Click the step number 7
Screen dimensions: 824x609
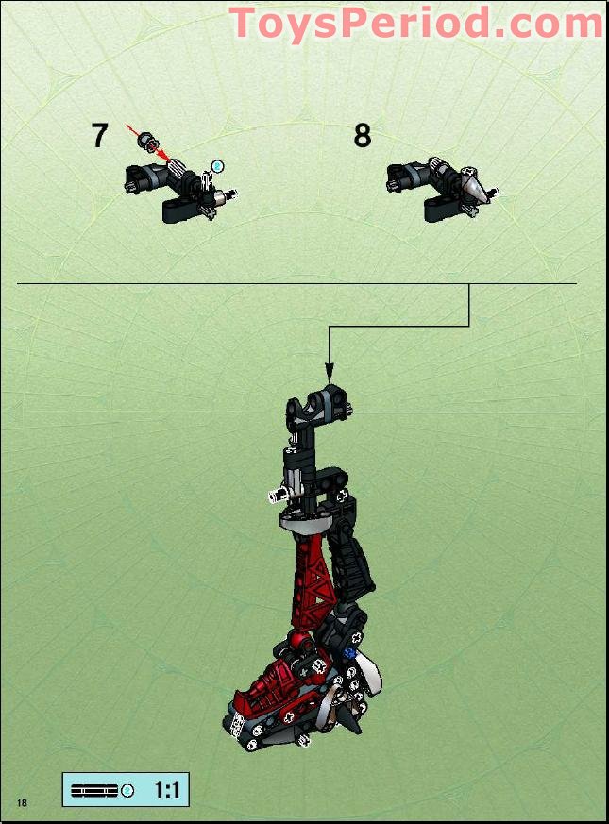(99, 136)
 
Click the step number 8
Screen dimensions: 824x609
(363, 136)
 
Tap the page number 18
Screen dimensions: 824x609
(21, 801)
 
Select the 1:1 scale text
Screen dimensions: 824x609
(166, 790)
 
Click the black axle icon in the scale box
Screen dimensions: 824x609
(94, 790)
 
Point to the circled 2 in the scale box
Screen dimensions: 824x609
(128, 790)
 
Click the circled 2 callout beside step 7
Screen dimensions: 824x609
(218, 166)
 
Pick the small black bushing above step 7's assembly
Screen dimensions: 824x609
(147, 143)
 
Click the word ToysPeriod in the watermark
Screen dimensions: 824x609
(360, 23)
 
